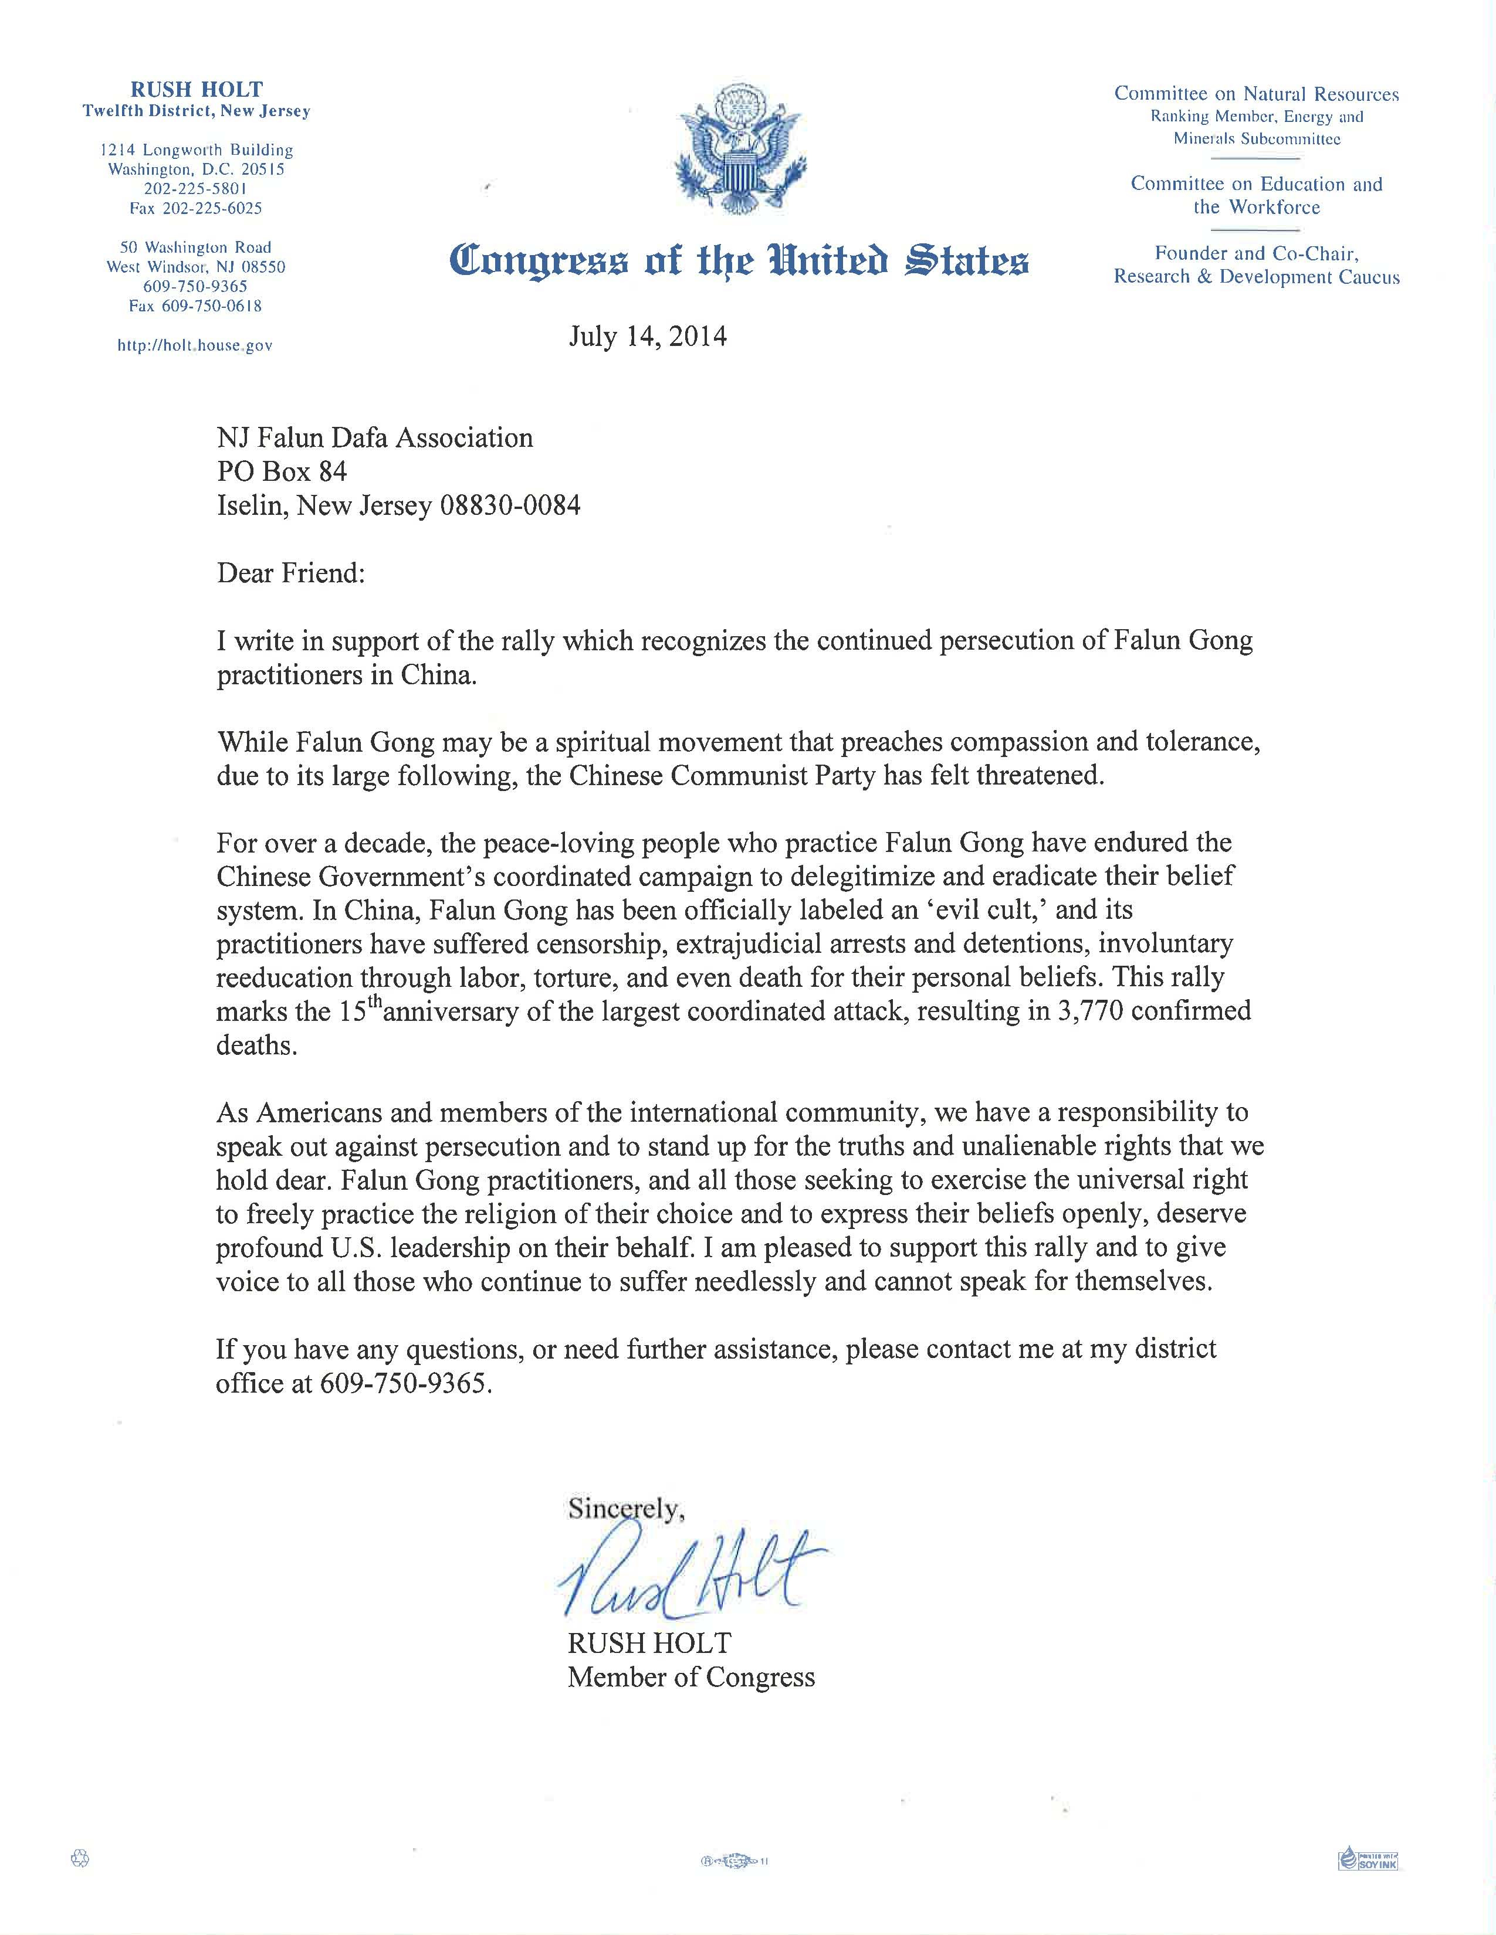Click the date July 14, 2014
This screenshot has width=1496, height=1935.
(647, 337)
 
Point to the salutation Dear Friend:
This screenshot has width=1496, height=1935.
(290, 573)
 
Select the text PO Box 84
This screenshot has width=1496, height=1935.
(282, 471)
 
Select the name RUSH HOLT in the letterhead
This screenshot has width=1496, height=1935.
(197, 90)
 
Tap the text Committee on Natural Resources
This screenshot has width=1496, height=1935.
(1257, 93)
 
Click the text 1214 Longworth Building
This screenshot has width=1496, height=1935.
(197, 150)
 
